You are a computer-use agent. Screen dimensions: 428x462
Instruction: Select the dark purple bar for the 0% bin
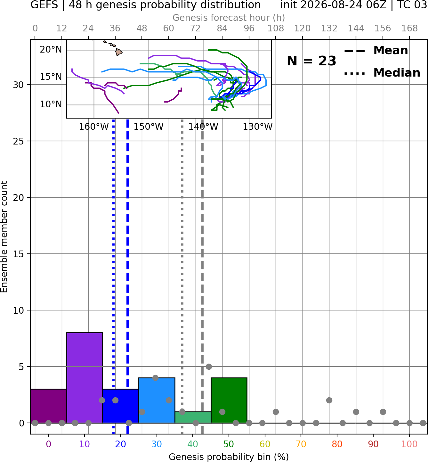pos(49,406)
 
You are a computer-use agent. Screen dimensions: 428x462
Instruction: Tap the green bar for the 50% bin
pos(229,400)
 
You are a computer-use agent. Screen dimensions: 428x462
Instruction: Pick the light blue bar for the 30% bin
pos(157,400)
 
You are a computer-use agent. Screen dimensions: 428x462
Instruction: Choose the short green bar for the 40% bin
pos(193,417)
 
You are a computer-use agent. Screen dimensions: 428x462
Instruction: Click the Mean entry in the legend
pos(376,51)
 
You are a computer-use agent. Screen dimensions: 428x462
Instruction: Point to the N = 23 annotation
pos(311,61)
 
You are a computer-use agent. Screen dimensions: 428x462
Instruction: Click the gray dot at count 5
pos(209,367)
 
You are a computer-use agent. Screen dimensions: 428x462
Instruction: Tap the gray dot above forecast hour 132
pos(329,400)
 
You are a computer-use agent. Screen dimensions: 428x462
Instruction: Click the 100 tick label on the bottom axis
pos(409,444)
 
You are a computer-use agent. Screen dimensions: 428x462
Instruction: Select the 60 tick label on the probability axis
pos(265,444)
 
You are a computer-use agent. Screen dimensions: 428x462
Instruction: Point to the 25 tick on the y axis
pos(19,141)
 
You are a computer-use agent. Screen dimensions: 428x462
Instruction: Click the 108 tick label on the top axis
pos(276,29)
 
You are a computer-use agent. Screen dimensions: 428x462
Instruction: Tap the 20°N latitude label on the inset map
pos(51,50)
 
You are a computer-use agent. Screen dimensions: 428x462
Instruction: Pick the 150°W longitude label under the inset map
pos(149,127)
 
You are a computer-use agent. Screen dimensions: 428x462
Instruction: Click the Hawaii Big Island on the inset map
pos(119,52)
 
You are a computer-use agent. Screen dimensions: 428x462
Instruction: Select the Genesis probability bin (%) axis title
pos(229,457)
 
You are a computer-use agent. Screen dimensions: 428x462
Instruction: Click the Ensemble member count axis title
pos(4,237)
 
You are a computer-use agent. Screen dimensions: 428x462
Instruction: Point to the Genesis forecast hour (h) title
pos(229,18)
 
